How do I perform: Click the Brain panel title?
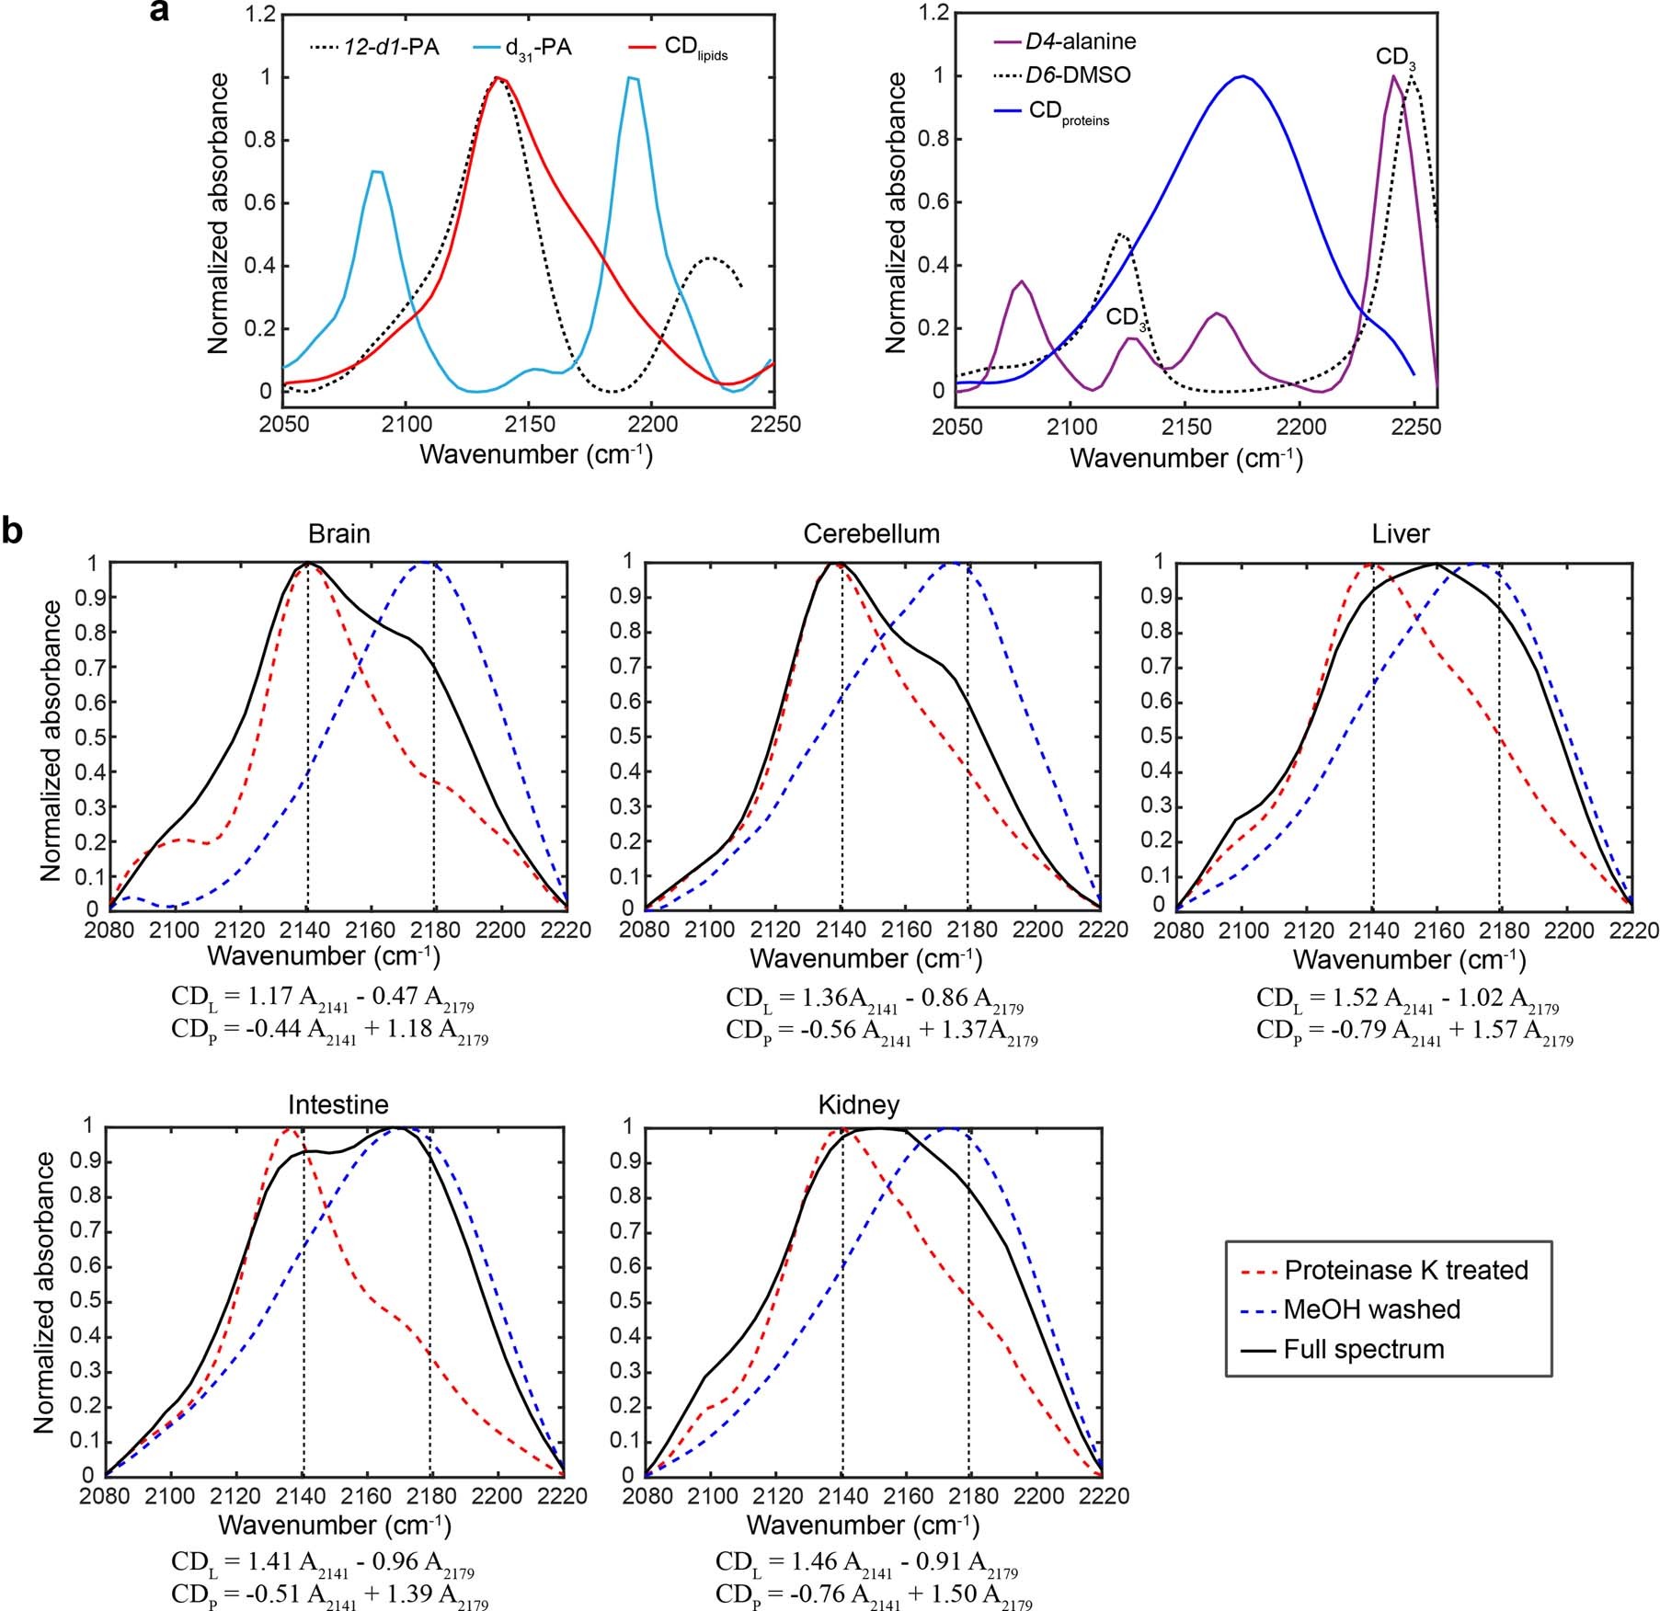[338, 534]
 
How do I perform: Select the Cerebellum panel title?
[871, 534]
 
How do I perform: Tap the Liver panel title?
[1400, 534]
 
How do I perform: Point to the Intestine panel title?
[338, 1104]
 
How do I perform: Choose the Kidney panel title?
[858, 1104]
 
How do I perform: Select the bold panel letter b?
[13, 531]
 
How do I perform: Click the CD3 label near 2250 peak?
[1395, 58]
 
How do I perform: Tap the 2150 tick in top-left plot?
[529, 425]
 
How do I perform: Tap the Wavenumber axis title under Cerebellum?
[865, 959]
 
